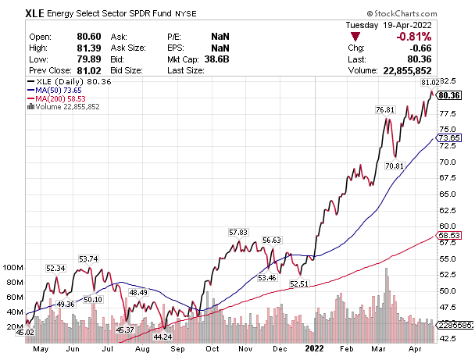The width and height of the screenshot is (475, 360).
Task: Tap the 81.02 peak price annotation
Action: pyautogui.click(x=430, y=82)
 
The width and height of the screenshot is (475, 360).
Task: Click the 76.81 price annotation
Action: pyautogui.click(x=385, y=110)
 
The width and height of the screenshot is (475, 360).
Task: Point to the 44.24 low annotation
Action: pyautogui.click(x=162, y=337)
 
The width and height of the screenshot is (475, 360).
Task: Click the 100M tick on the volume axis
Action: pyautogui.click(x=14, y=267)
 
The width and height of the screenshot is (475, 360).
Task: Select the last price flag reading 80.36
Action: pyautogui.click(x=457, y=95)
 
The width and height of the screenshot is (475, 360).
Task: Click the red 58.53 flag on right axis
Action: pyautogui.click(x=457, y=235)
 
